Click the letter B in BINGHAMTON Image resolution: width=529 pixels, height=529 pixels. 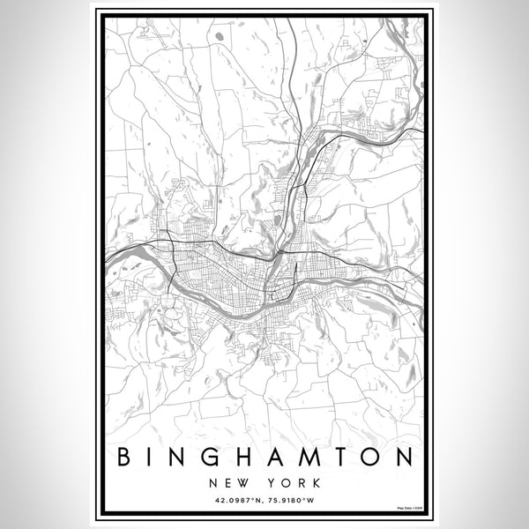[123, 458]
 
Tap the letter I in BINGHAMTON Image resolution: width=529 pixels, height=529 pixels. [153, 458]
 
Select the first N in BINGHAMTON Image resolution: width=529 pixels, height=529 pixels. [183, 458]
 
